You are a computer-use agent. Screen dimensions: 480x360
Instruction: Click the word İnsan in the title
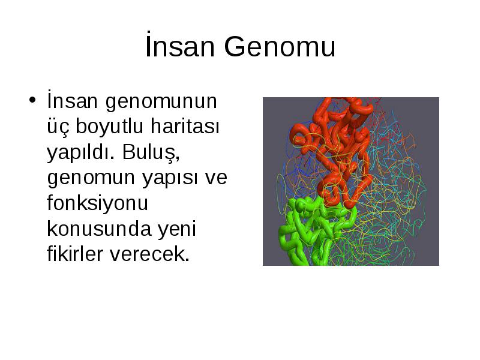click(x=180, y=46)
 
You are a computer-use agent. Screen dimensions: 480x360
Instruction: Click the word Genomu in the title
click(x=280, y=47)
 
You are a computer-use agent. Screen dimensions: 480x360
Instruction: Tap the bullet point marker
click(x=32, y=100)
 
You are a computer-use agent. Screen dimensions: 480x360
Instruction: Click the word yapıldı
click(x=80, y=153)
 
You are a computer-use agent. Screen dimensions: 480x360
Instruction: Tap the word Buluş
click(x=151, y=152)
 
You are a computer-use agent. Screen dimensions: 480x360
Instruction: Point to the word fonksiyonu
click(x=97, y=202)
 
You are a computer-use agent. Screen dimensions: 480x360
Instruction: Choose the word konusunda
click(x=99, y=229)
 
